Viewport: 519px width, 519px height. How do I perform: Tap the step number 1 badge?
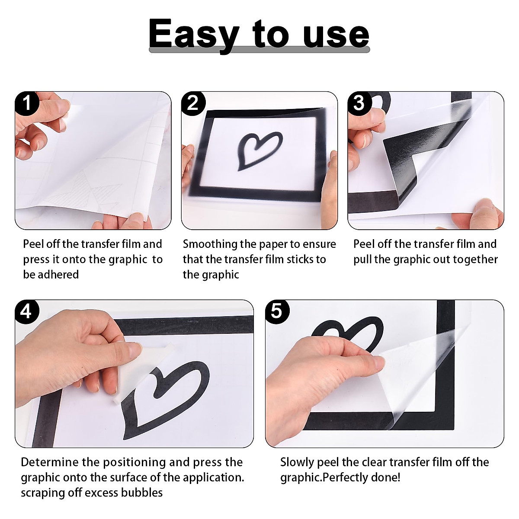[27, 104]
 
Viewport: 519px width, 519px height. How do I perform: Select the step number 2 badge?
[193, 104]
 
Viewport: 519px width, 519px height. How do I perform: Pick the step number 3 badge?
[359, 104]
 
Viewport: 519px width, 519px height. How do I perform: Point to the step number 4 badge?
[27, 312]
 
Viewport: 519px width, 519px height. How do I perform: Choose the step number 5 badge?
[277, 312]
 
